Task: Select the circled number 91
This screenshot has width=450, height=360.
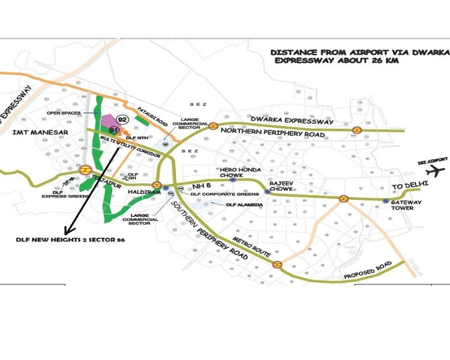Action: coord(113,130)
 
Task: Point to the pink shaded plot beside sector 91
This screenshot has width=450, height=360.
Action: coord(109,122)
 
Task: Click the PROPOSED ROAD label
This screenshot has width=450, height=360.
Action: coord(367,271)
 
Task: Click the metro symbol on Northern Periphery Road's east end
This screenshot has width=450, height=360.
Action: coord(356,130)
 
